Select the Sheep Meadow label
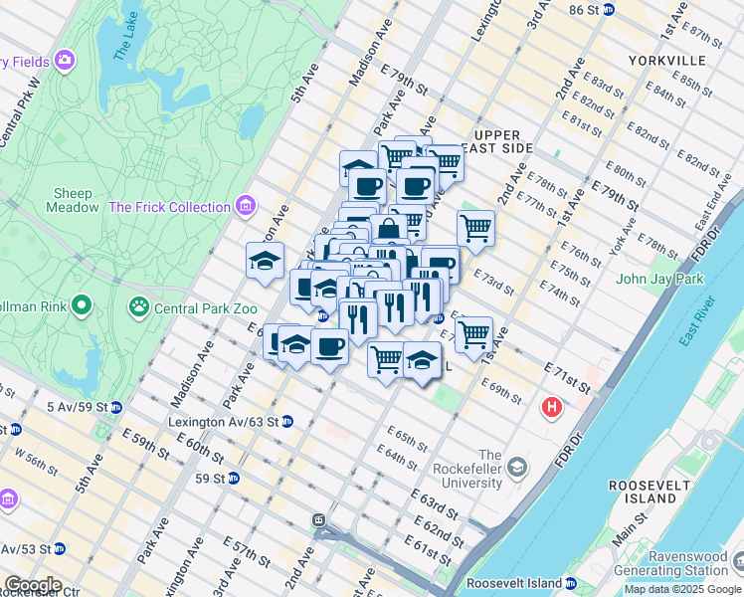click(73, 200)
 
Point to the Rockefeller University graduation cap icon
click(517, 467)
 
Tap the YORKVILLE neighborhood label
click(666, 61)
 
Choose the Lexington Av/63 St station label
click(223, 421)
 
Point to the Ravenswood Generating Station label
click(686, 564)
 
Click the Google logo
click(32, 585)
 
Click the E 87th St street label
click(704, 37)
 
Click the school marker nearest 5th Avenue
click(265, 260)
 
